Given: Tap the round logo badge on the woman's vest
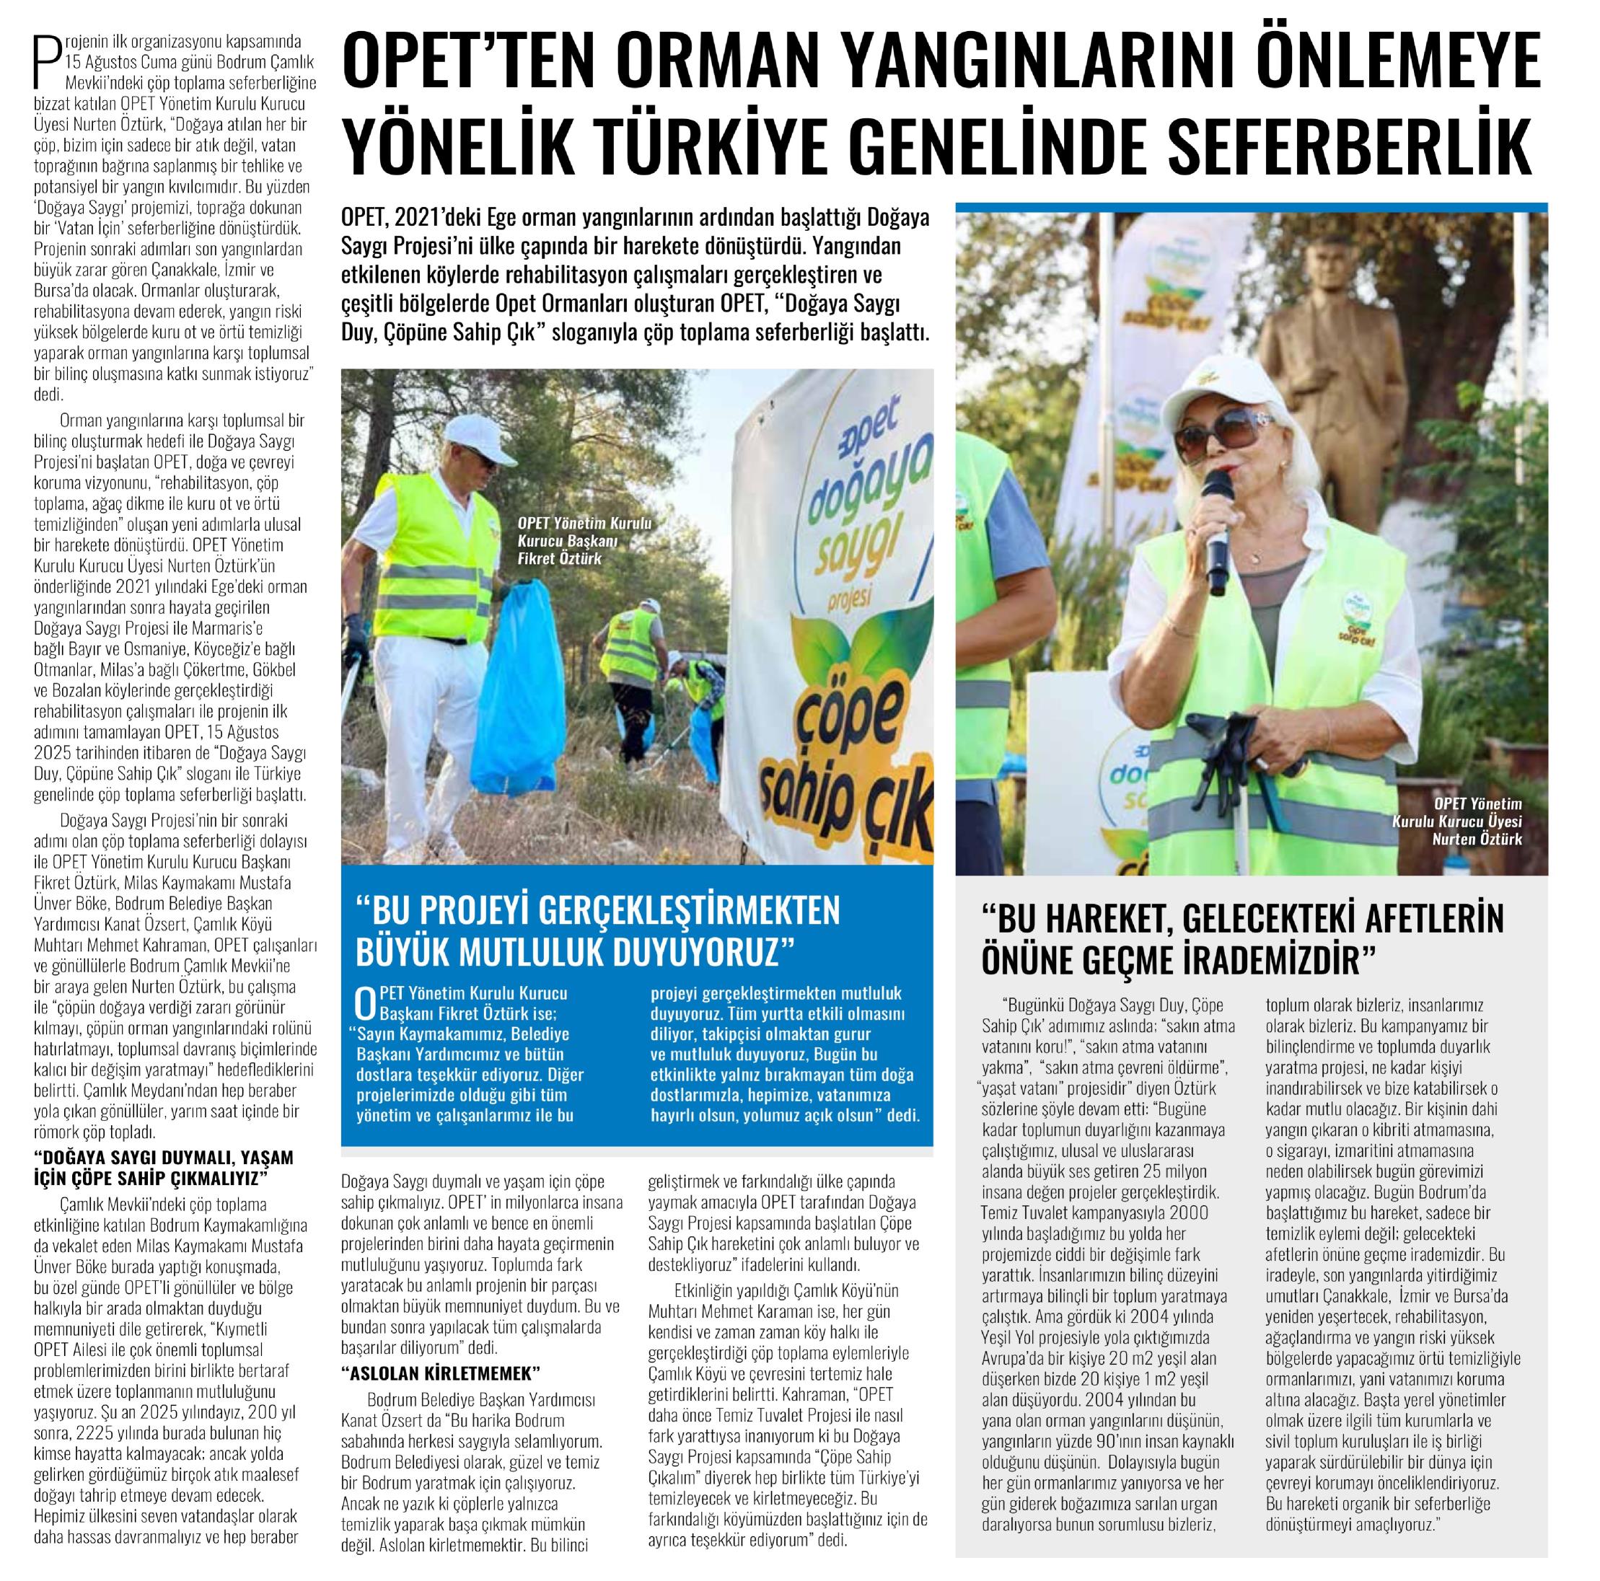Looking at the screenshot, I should pyautogui.click(x=1355, y=613).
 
